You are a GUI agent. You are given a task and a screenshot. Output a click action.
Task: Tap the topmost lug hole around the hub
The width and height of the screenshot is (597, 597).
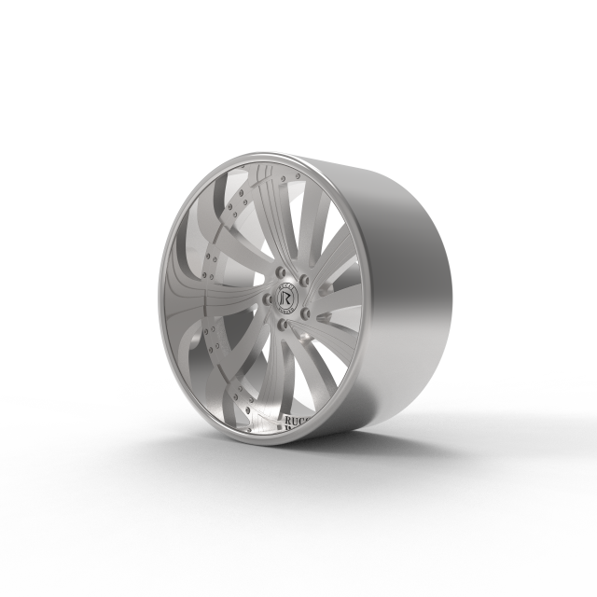[x=281, y=271]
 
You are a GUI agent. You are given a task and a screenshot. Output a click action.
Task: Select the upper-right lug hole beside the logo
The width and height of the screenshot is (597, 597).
[x=304, y=279]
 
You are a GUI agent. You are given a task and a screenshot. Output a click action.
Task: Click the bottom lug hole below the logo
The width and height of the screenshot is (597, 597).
[x=282, y=323]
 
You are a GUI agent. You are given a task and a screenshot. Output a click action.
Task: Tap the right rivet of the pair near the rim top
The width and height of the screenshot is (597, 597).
[x=297, y=174]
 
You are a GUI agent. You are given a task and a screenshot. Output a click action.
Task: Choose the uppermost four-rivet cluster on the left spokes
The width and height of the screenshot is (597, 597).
[x=242, y=198]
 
